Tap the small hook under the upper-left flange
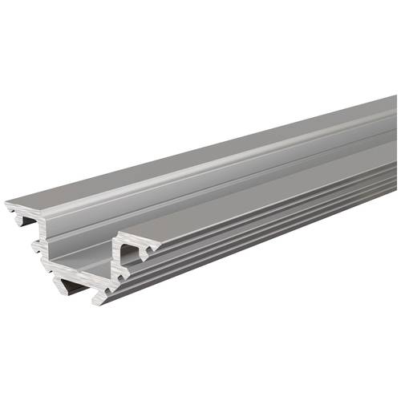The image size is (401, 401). coord(18,215)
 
